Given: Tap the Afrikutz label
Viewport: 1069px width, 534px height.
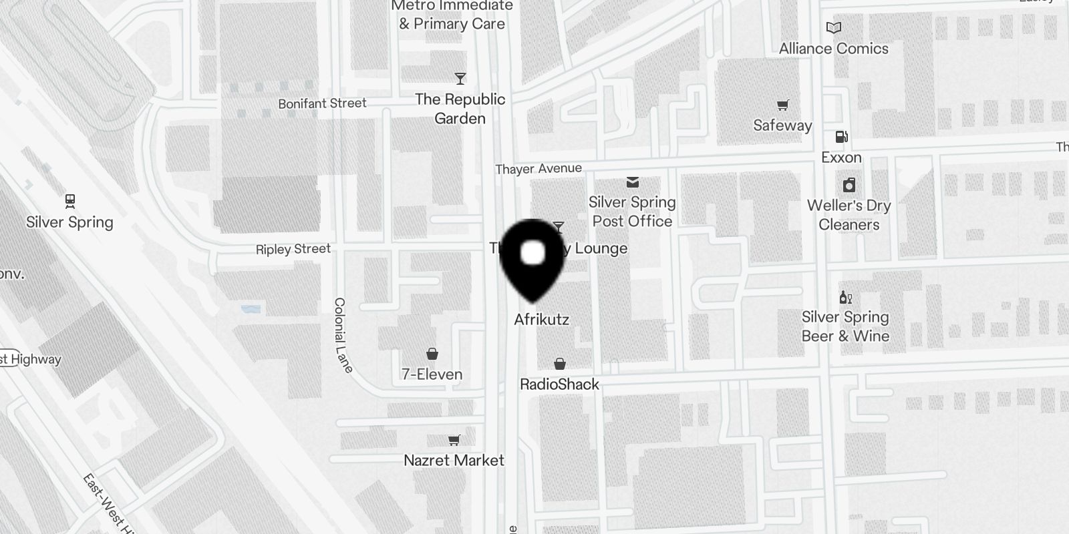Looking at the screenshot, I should coord(541,320).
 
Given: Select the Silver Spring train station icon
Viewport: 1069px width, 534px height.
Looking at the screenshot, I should coord(70,200).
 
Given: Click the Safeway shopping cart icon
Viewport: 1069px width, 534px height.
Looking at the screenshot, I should coord(782,105).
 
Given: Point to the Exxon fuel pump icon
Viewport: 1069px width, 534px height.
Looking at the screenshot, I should coord(841,137).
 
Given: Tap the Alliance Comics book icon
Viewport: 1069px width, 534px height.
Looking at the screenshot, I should coord(833,27).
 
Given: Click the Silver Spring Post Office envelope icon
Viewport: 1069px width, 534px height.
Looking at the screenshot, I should coord(632,182).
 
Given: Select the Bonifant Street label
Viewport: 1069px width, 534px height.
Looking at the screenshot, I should coord(322,103).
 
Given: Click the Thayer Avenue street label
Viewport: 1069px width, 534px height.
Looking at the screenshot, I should coord(539,169).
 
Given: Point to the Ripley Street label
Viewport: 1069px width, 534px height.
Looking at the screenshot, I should coord(293,249).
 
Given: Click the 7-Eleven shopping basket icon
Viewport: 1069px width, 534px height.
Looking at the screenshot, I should coord(432,353).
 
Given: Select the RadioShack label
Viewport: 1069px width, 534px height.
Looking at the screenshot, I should coord(559,384).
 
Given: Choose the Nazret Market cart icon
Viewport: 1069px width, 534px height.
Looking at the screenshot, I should coord(454,440).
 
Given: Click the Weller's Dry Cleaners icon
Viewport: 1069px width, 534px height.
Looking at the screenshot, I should coord(849,185).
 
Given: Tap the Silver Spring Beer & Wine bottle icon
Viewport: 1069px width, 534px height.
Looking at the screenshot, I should coord(845,297).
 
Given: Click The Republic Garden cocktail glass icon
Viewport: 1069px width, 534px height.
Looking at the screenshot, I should coord(460,79).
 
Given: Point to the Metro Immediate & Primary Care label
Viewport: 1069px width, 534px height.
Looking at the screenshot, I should coord(452,15).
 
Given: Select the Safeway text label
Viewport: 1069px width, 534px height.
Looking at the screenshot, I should coord(782,125).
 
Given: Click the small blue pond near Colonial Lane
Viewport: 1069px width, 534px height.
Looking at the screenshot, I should coord(251,310).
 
